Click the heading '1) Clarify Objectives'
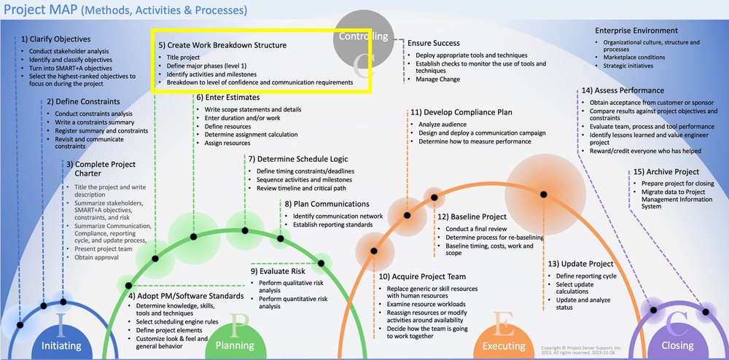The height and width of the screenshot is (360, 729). coord(56,39)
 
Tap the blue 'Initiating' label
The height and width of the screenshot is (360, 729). coord(61,345)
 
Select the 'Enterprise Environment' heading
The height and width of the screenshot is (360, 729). coord(636,31)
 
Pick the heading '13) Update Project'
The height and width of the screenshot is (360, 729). coord(580,263)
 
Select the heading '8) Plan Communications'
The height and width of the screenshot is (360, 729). coord(327,204)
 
